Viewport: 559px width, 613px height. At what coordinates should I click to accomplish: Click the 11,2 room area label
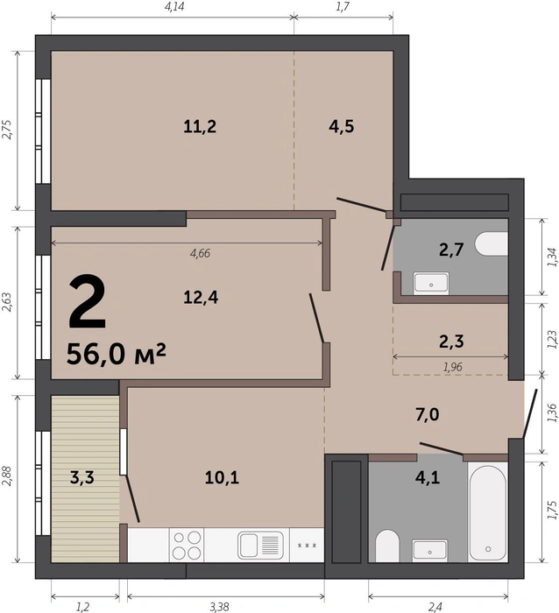pyautogui.click(x=200, y=127)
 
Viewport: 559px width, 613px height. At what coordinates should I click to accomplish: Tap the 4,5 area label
pyautogui.click(x=342, y=127)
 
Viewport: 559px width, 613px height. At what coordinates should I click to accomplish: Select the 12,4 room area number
pyautogui.click(x=201, y=298)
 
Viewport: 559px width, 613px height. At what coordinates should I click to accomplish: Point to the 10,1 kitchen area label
pyautogui.click(x=222, y=478)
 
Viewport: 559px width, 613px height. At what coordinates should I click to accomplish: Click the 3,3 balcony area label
pyautogui.click(x=82, y=478)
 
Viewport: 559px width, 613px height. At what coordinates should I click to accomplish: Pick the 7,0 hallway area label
pyautogui.click(x=428, y=414)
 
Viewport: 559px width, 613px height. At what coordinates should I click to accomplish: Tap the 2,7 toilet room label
pyautogui.click(x=451, y=250)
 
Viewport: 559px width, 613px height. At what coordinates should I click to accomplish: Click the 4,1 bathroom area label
pyautogui.click(x=428, y=478)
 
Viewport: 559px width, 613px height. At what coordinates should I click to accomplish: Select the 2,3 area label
pyautogui.click(x=451, y=342)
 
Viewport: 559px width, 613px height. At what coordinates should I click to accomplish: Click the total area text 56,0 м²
pyautogui.click(x=117, y=354)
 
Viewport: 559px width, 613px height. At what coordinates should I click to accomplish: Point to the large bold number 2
pyautogui.click(x=87, y=302)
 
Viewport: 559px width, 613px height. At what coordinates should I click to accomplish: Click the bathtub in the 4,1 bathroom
pyautogui.click(x=488, y=511)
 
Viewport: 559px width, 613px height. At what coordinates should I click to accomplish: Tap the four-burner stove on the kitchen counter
pyautogui.click(x=187, y=546)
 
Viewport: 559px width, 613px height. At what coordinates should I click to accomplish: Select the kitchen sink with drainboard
pyautogui.click(x=261, y=546)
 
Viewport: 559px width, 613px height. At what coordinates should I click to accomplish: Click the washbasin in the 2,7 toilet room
pyautogui.click(x=431, y=282)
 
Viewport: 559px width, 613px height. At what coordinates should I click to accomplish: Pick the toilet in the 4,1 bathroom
pyautogui.click(x=387, y=546)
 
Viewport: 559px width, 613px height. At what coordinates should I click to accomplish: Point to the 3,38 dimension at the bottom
pyautogui.click(x=219, y=607)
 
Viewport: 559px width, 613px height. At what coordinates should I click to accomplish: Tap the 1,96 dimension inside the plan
pyautogui.click(x=453, y=367)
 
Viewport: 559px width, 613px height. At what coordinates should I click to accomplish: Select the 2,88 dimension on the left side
pyautogui.click(x=7, y=478)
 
